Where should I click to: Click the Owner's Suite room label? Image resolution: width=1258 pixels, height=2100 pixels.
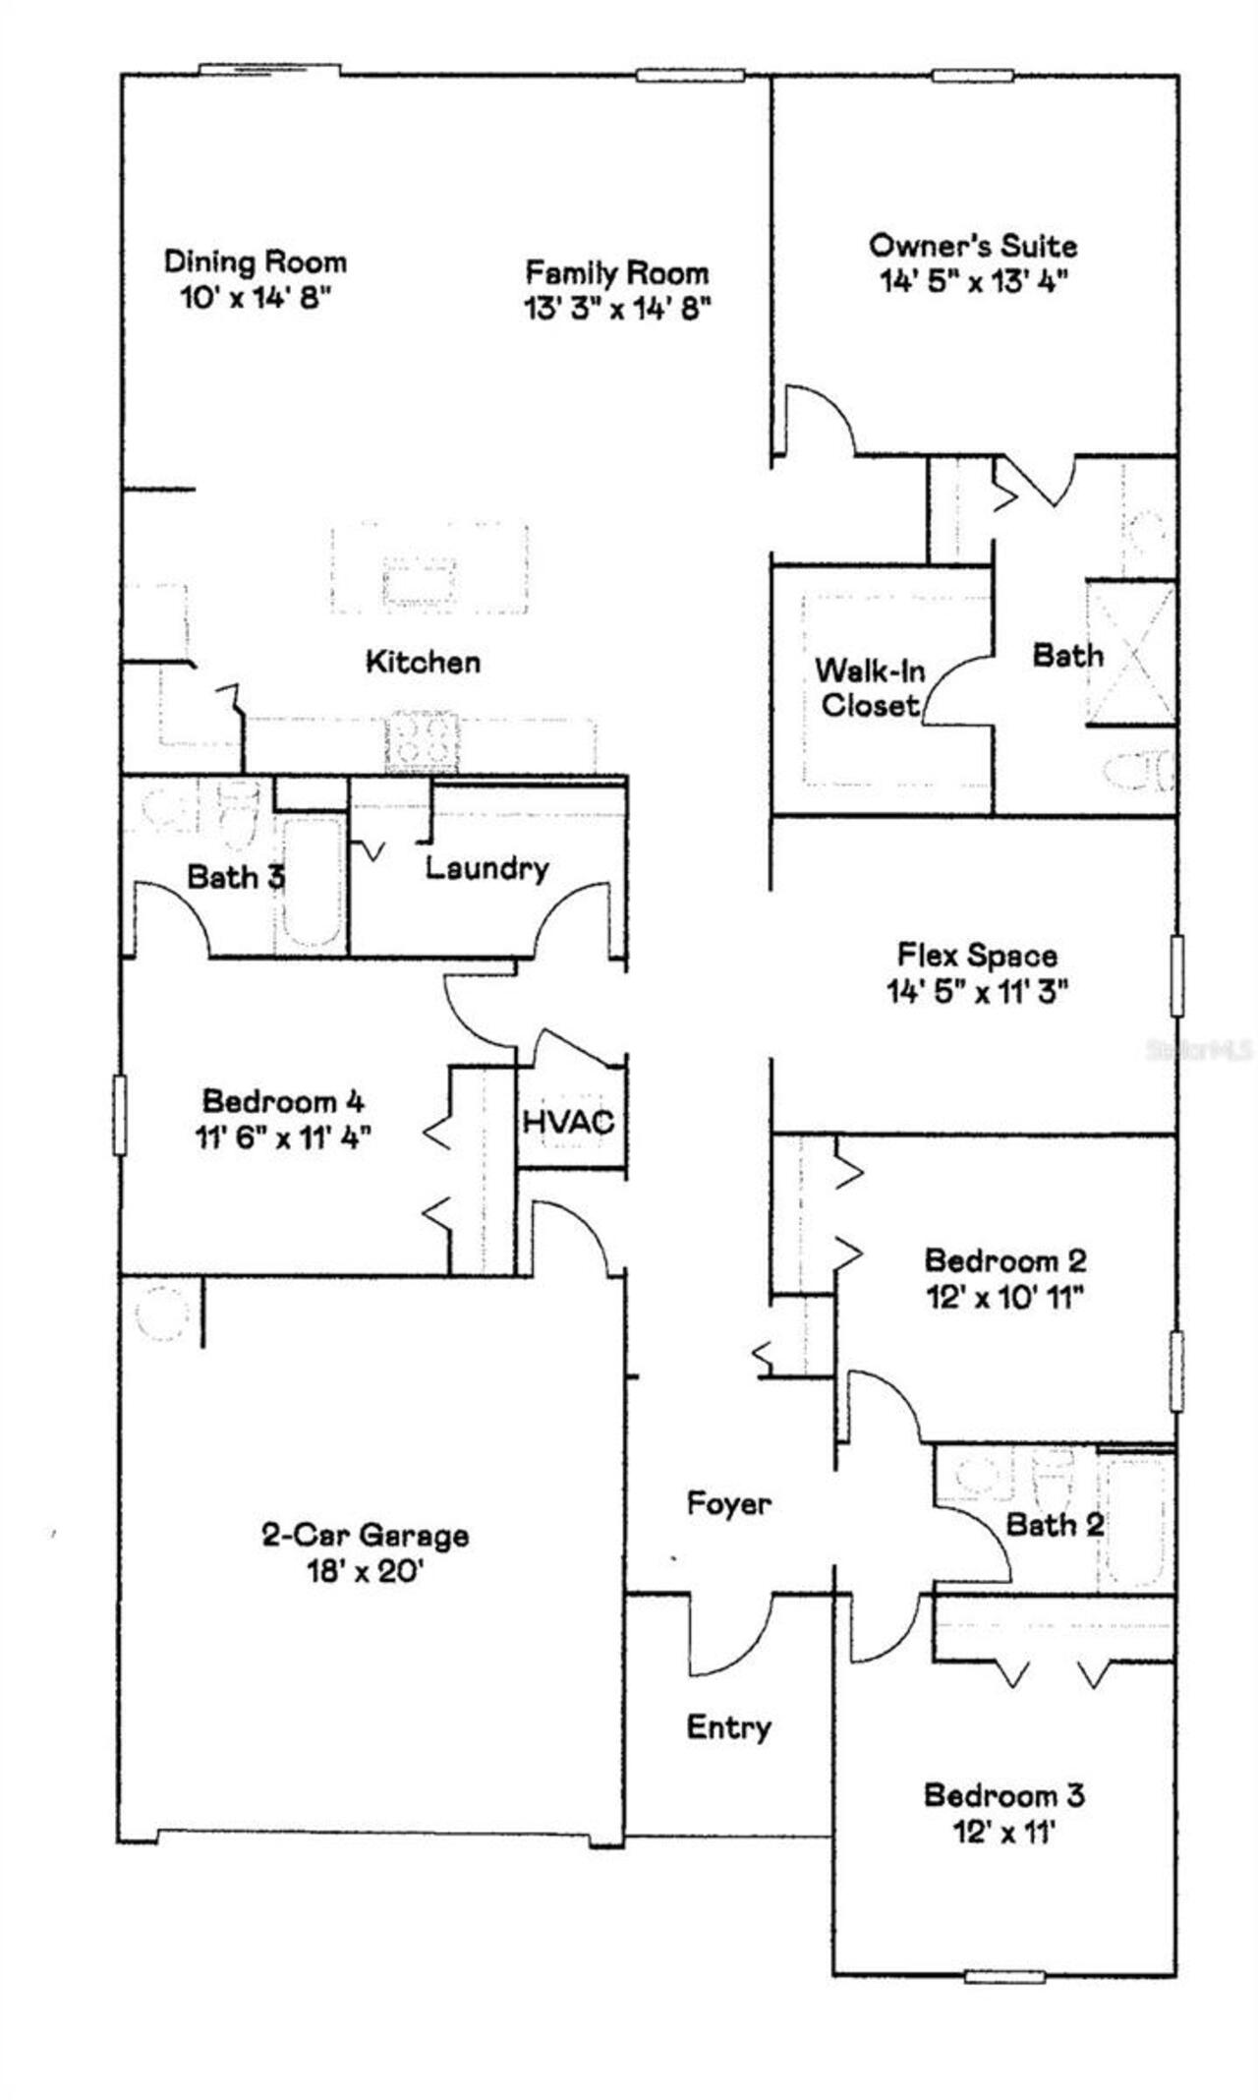click(973, 245)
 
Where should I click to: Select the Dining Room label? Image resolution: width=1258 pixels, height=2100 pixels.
click(256, 262)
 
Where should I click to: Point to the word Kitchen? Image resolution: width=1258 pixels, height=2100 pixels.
click(424, 662)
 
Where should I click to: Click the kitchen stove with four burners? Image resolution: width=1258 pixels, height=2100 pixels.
click(423, 740)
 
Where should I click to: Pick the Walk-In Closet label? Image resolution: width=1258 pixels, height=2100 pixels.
click(870, 688)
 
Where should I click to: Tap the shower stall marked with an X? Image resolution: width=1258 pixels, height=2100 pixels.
click(1131, 654)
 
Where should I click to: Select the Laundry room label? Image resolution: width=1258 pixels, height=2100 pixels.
click(487, 868)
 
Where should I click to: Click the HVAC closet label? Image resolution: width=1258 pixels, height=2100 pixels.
click(569, 1121)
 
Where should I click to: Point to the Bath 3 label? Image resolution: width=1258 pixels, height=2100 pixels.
click(236, 876)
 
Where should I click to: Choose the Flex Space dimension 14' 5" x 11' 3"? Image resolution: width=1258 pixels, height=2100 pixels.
click(978, 992)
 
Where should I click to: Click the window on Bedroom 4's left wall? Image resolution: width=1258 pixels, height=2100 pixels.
click(120, 1115)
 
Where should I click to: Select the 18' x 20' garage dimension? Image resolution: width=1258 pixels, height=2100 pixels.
click(365, 1572)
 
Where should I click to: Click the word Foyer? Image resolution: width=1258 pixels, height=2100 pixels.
click(728, 1503)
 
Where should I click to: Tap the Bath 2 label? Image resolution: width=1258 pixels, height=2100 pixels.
click(1055, 1525)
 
